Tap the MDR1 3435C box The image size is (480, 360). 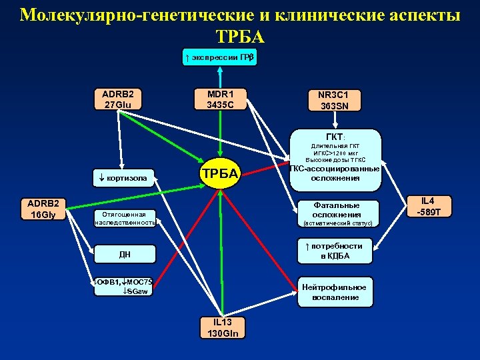pyautogui.click(x=219, y=99)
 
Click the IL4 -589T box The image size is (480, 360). pyautogui.click(x=431, y=207)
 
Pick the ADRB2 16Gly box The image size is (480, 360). pyautogui.click(x=41, y=209)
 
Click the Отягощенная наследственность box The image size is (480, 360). pyautogui.click(x=125, y=218)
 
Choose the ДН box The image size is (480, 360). pyautogui.click(x=125, y=254)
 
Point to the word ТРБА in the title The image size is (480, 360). pyautogui.click(x=240, y=36)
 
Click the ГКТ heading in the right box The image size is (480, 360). pyautogui.click(x=333, y=136)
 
